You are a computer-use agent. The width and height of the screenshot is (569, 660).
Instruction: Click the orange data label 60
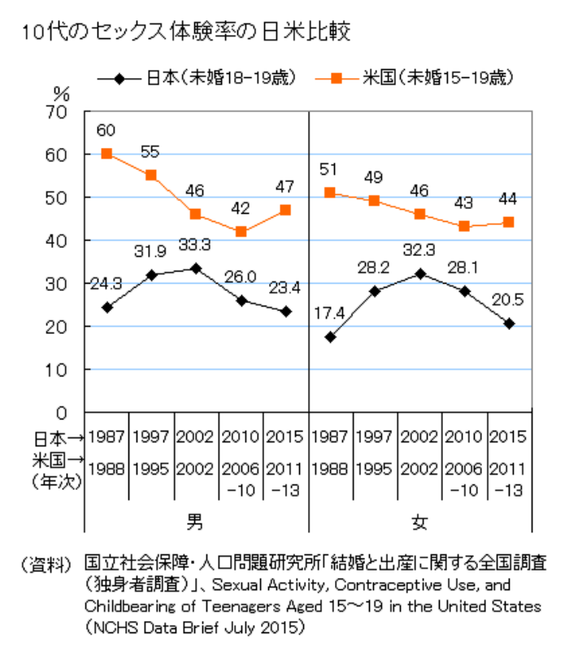[x=106, y=130]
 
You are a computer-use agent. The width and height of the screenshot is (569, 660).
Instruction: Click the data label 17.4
[x=330, y=312]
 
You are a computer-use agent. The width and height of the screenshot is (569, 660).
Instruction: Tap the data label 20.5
[x=508, y=300]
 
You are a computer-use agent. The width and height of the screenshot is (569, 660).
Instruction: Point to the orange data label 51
[x=330, y=169]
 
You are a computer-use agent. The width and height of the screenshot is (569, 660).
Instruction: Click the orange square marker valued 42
[x=241, y=232]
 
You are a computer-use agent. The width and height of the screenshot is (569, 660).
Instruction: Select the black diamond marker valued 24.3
[x=106, y=307]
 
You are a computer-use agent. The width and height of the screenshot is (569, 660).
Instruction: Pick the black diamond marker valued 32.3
[x=419, y=273]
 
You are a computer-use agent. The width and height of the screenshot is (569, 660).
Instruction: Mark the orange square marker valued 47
[x=285, y=210]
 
